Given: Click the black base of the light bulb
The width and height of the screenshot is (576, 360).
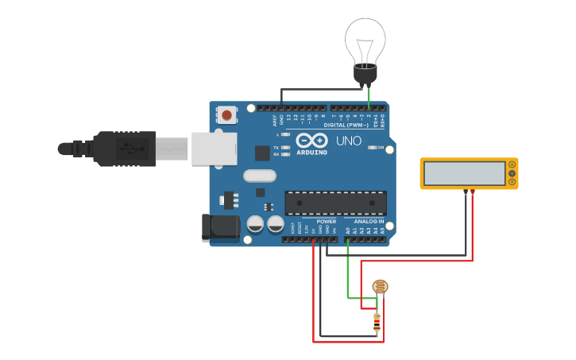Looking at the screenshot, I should coord(365,75).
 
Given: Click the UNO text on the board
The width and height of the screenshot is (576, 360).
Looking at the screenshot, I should coord(348,141).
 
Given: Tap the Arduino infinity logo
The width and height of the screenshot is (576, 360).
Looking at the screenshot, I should coord(311,140).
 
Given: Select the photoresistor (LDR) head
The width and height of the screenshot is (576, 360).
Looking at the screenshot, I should coord(381,287).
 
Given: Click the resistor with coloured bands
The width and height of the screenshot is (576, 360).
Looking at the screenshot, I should coord(377,322).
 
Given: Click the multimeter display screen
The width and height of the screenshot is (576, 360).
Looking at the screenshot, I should coord(464,173).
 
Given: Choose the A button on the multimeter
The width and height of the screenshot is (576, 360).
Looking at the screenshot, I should coord(512,165).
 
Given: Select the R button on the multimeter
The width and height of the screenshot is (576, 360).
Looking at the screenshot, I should coord(512,182).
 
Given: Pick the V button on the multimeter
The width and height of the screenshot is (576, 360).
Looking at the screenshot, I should coord(512,173).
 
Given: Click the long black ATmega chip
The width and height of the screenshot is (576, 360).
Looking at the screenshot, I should coord(335,203).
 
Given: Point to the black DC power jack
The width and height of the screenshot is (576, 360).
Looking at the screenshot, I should coord(220,227).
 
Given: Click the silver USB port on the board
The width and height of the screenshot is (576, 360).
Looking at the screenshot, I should coord(214,149).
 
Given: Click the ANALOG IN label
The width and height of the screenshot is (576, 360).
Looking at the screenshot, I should coord(369,222).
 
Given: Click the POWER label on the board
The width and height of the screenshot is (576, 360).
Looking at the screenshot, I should coord(327,222).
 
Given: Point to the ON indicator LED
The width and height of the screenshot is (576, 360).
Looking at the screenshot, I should coord(372,148).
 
